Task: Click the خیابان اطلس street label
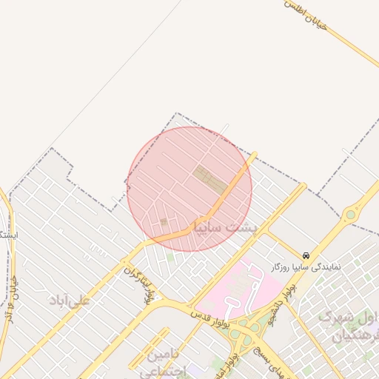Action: pos(306,14)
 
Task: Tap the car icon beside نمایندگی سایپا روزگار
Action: pos(306,255)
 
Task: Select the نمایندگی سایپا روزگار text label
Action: pos(306,266)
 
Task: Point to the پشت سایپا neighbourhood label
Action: pos(224,227)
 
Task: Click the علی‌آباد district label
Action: pos(69,300)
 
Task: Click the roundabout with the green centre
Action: pos(349,215)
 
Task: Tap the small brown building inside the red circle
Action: pos(164,221)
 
